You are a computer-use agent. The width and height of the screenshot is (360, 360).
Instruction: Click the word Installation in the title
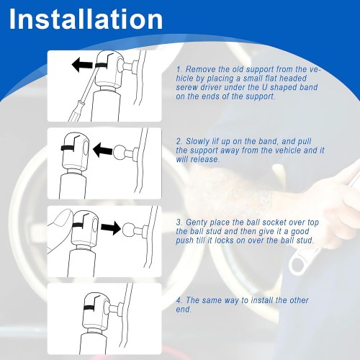coord(86,19)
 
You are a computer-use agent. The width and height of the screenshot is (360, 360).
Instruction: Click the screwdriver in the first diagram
coord(79,104)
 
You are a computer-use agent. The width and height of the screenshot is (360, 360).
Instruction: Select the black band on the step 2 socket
coord(72,148)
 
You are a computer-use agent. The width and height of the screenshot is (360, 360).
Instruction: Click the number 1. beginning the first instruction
coord(179,69)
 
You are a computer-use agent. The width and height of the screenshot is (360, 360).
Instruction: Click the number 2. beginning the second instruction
coord(179,141)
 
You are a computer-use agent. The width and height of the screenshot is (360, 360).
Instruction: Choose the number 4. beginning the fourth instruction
coord(179,300)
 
